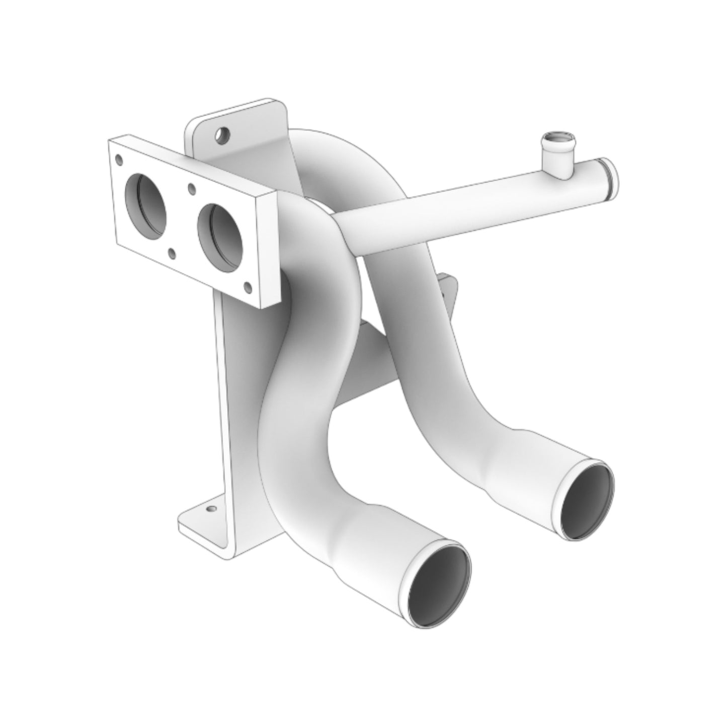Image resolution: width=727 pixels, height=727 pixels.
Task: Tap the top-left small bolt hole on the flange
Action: (119, 160)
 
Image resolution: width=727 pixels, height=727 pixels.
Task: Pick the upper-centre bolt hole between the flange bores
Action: (191, 189)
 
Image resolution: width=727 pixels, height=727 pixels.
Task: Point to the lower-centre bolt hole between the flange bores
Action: (173, 254)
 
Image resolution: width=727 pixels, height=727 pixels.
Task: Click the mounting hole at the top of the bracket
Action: (220, 134)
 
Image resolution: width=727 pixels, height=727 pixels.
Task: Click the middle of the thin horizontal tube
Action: (453, 211)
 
